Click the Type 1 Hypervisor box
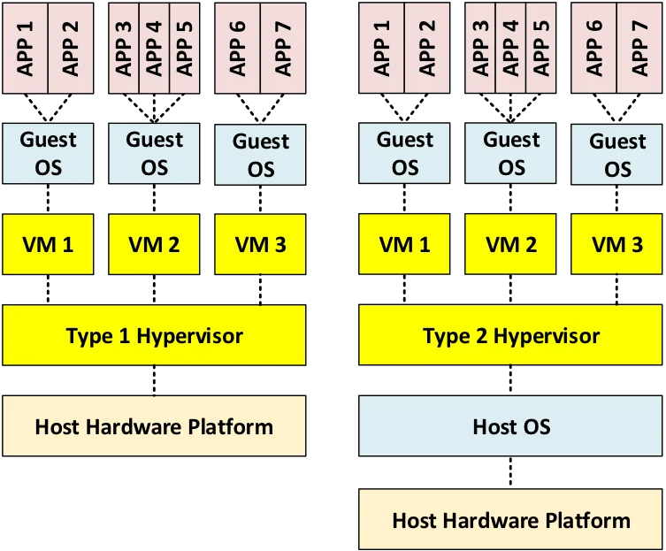pos(154,335)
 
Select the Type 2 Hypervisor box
pos(511,335)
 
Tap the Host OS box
pos(511,427)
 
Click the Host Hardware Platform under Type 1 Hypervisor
pos(154,427)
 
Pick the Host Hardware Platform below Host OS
pos(511,519)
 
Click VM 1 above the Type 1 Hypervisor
pos(49,243)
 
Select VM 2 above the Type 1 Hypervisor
pos(154,243)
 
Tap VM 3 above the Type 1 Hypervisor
pos(260,243)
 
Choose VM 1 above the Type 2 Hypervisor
pos(405,243)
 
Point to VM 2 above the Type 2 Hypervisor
pos(511,243)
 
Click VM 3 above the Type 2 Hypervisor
pos(617,243)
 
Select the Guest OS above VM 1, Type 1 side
pos(49,153)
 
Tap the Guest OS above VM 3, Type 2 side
pos(617,155)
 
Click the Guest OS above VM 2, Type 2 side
pos(511,153)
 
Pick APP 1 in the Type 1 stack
pos(26,46)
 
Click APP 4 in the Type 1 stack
pos(154,46)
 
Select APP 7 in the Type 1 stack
pos(283,46)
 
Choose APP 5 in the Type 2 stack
pos(541,46)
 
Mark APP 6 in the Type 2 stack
pos(594,46)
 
